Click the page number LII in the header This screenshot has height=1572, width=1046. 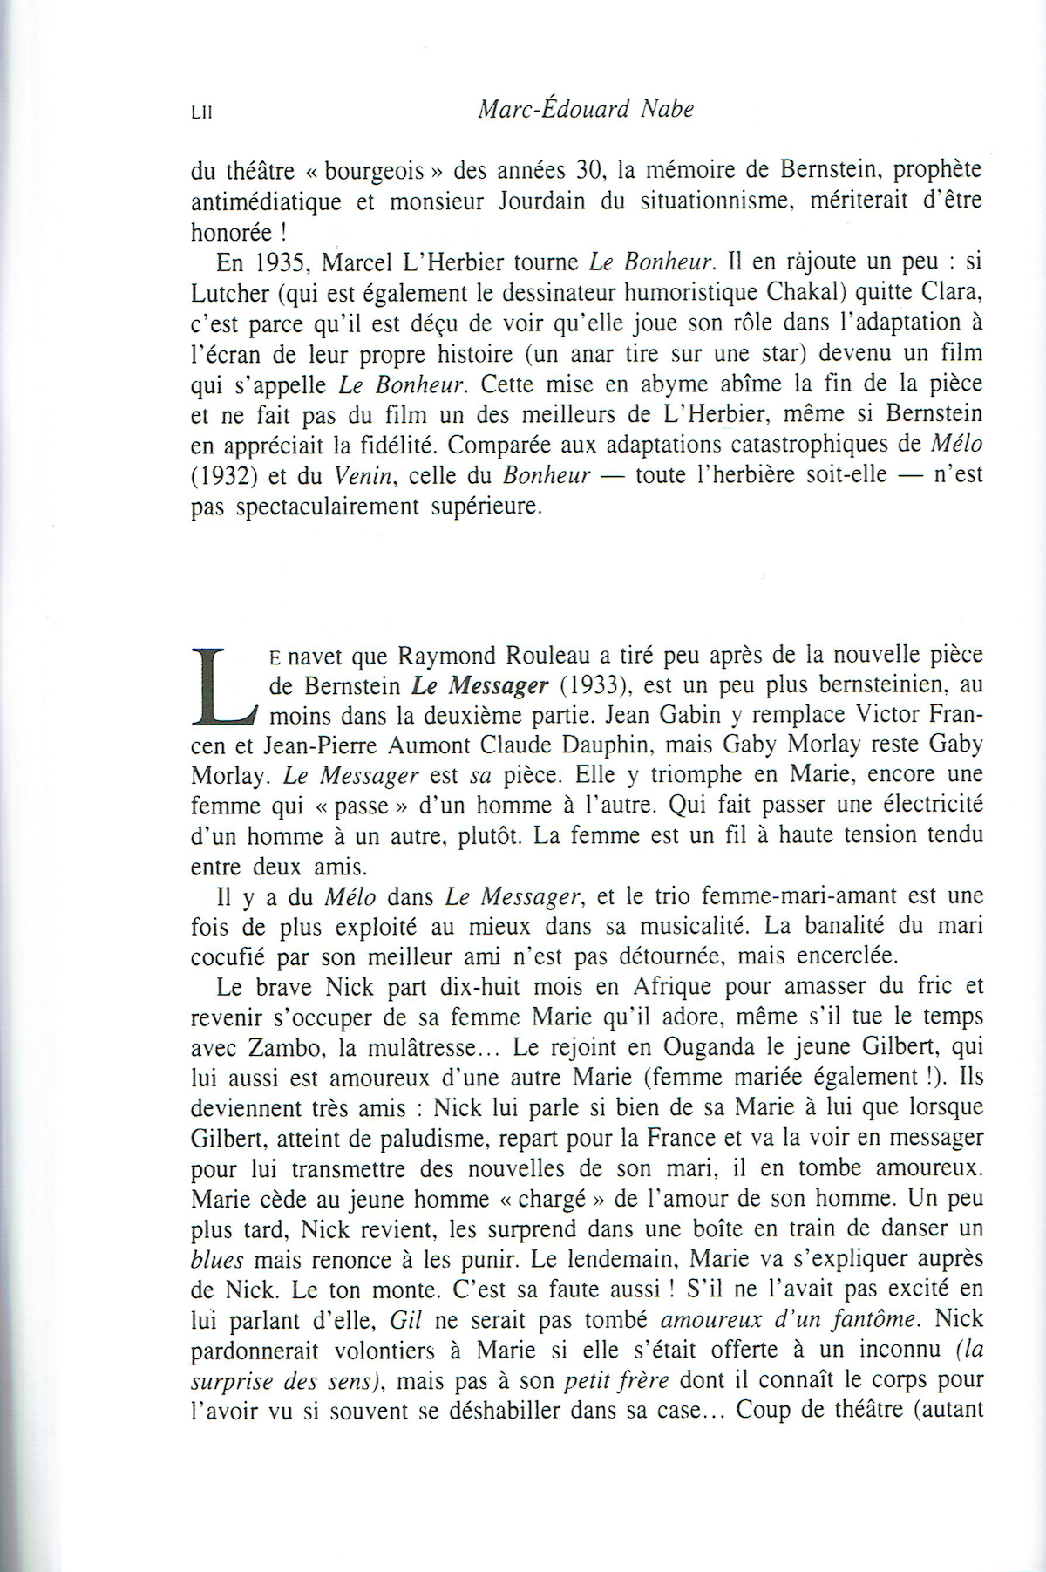point(201,112)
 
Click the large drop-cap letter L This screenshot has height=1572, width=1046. point(224,686)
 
